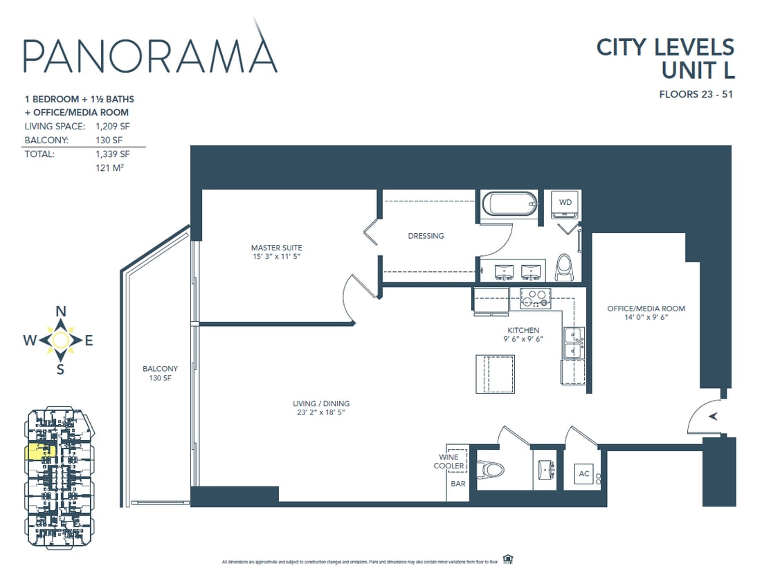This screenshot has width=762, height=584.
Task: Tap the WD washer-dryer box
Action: (565, 203)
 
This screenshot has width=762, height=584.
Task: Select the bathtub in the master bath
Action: (509, 204)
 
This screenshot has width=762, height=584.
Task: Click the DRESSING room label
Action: (426, 236)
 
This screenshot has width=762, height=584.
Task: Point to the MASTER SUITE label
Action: (276, 248)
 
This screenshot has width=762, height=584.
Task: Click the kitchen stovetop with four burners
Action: (535, 298)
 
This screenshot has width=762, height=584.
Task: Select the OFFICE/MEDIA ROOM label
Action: (646, 309)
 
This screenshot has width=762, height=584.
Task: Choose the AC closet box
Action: (583, 475)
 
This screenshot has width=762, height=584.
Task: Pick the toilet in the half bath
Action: (493, 470)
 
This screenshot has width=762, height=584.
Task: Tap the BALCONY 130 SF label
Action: (161, 374)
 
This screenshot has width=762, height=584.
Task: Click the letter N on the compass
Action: (60, 311)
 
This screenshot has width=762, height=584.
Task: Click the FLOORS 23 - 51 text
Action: (696, 94)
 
